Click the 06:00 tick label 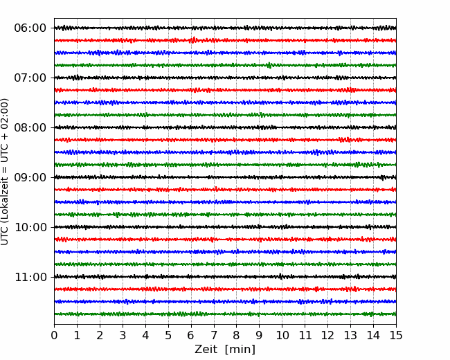point(30,28)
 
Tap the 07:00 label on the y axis point(30,78)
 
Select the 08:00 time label point(30,127)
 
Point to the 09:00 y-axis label point(30,177)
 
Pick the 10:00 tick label point(30,227)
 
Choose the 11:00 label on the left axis point(30,277)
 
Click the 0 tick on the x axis point(54,335)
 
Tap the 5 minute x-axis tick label point(168,335)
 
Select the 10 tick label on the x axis point(282,335)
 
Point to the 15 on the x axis point(396,335)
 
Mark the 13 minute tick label point(350,335)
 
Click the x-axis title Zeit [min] point(225,349)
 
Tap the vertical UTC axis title point(4,172)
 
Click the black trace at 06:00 point(225,28)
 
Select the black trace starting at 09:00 point(225,177)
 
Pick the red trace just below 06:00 point(225,40)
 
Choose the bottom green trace point(225,314)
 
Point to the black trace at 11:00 point(225,277)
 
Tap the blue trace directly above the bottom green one point(225,301)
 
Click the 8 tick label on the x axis point(237,335)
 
